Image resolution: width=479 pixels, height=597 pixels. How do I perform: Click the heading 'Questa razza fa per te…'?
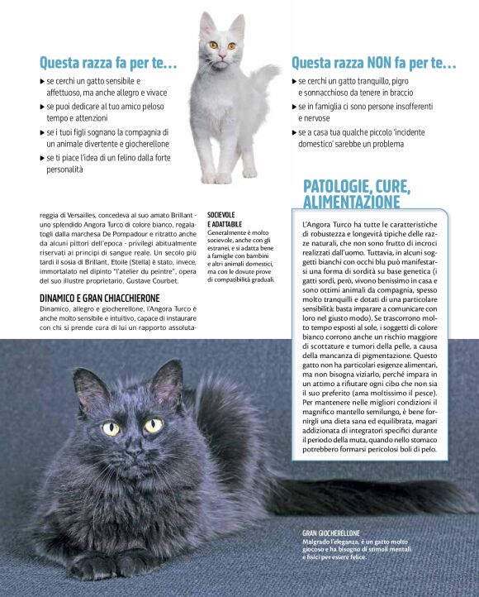click(x=108, y=63)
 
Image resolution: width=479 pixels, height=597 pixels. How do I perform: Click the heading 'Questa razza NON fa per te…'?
click(x=373, y=63)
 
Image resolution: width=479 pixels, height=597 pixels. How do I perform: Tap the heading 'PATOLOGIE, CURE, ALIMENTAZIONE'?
click(x=352, y=193)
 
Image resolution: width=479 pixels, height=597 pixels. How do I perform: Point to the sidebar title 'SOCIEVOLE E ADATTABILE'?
click(x=225, y=220)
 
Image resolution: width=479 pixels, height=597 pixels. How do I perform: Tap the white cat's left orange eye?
click(x=212, y=45)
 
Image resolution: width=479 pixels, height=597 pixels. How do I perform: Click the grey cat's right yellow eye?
click(x=153, y=426)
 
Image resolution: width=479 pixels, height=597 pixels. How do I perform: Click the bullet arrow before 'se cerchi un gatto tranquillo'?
click(x=294, y=82)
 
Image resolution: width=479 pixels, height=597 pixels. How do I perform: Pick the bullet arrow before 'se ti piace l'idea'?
click(x=43, y=157)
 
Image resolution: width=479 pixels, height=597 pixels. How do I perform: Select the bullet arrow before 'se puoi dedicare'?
click(x=43, y=107)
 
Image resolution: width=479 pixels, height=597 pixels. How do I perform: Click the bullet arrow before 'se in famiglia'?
click(x=294, y=107)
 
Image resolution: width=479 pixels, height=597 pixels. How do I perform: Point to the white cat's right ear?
click(x=237, y=24)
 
